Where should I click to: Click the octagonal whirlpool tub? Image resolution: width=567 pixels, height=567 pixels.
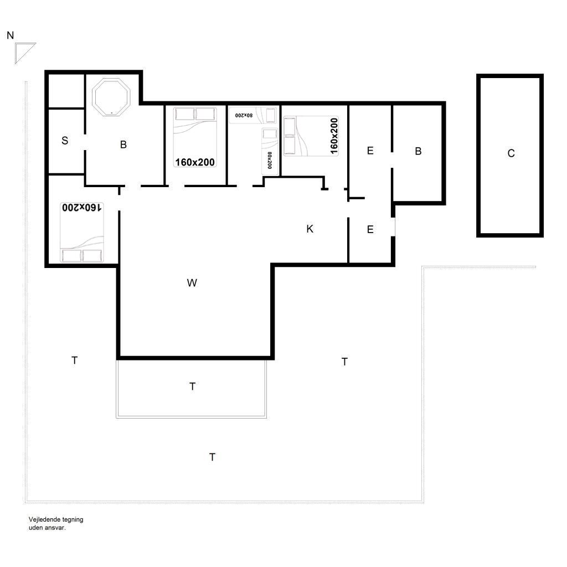coord(111,97)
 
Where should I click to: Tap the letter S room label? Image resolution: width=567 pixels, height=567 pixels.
coord(65,140)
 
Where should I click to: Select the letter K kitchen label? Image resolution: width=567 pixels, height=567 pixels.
coord(310,229)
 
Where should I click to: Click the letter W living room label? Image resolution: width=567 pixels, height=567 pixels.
coord(192,283)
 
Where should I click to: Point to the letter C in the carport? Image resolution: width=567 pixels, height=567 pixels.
coord(511,153)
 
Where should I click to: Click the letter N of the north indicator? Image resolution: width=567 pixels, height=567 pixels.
coord(10,35)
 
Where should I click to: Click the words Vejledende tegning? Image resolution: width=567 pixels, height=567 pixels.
coord(56,519)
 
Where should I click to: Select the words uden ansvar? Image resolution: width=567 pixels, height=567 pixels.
coord(47,528)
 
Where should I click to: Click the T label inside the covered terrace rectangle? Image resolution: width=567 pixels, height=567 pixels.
coord(192,386)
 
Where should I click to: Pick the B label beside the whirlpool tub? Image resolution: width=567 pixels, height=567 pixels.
coord(123,145)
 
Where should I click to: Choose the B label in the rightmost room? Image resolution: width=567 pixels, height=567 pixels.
coord(418,151)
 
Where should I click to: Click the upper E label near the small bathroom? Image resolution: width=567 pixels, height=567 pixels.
coord(370,151)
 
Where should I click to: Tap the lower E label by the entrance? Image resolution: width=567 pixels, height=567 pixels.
coord(370,229)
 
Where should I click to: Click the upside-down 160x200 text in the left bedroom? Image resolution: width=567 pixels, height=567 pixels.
coord(82,207)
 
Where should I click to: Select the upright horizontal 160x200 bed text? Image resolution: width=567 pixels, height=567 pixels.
coord(195,162)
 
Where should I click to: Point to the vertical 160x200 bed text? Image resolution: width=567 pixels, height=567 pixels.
coord(334,136)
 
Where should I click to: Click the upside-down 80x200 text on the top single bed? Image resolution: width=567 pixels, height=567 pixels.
coord(244,115)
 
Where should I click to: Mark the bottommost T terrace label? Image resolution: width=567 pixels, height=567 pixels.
coord(212,457)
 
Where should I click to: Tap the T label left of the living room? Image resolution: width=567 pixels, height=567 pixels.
coord(75,360)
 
